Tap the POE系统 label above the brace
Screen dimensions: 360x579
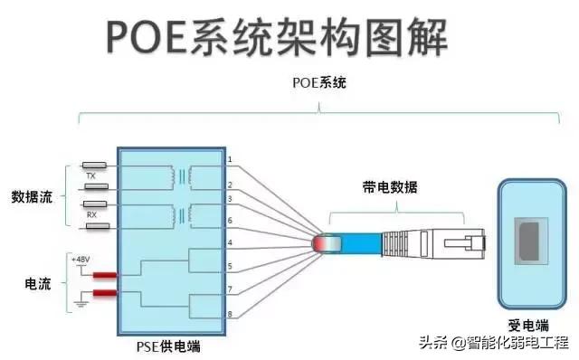pyautogui.click(x=319, y=83)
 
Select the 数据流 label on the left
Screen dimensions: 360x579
pyautogui.click(x=32, y=196)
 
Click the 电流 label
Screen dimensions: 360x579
pyautogui.click(x=37, y=282)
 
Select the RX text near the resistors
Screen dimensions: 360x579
pyautogui.click(x=91, y=215)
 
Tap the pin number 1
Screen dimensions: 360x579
pyautogui.click(x=230, y=160)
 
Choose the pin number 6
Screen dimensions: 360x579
pyautogui.click(x=230, y=221)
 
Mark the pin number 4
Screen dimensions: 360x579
pyautogui.click(x=230, y=242)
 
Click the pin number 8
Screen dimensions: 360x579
pyautogui.click(x=230, y=314)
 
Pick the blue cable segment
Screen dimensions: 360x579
pyautogui.click(x=362, y=242)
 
